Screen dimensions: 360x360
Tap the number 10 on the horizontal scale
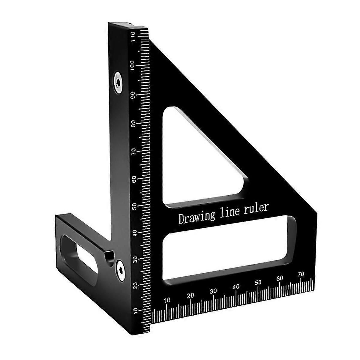(167, 300)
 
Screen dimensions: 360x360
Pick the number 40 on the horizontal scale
(236, 286)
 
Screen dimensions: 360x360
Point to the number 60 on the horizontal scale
(280, 278)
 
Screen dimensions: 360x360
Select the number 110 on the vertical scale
(133, 37)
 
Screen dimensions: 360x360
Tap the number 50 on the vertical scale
(134, 207)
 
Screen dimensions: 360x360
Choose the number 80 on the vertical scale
(133, 124)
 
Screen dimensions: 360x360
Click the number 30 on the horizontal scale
(213, 291)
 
